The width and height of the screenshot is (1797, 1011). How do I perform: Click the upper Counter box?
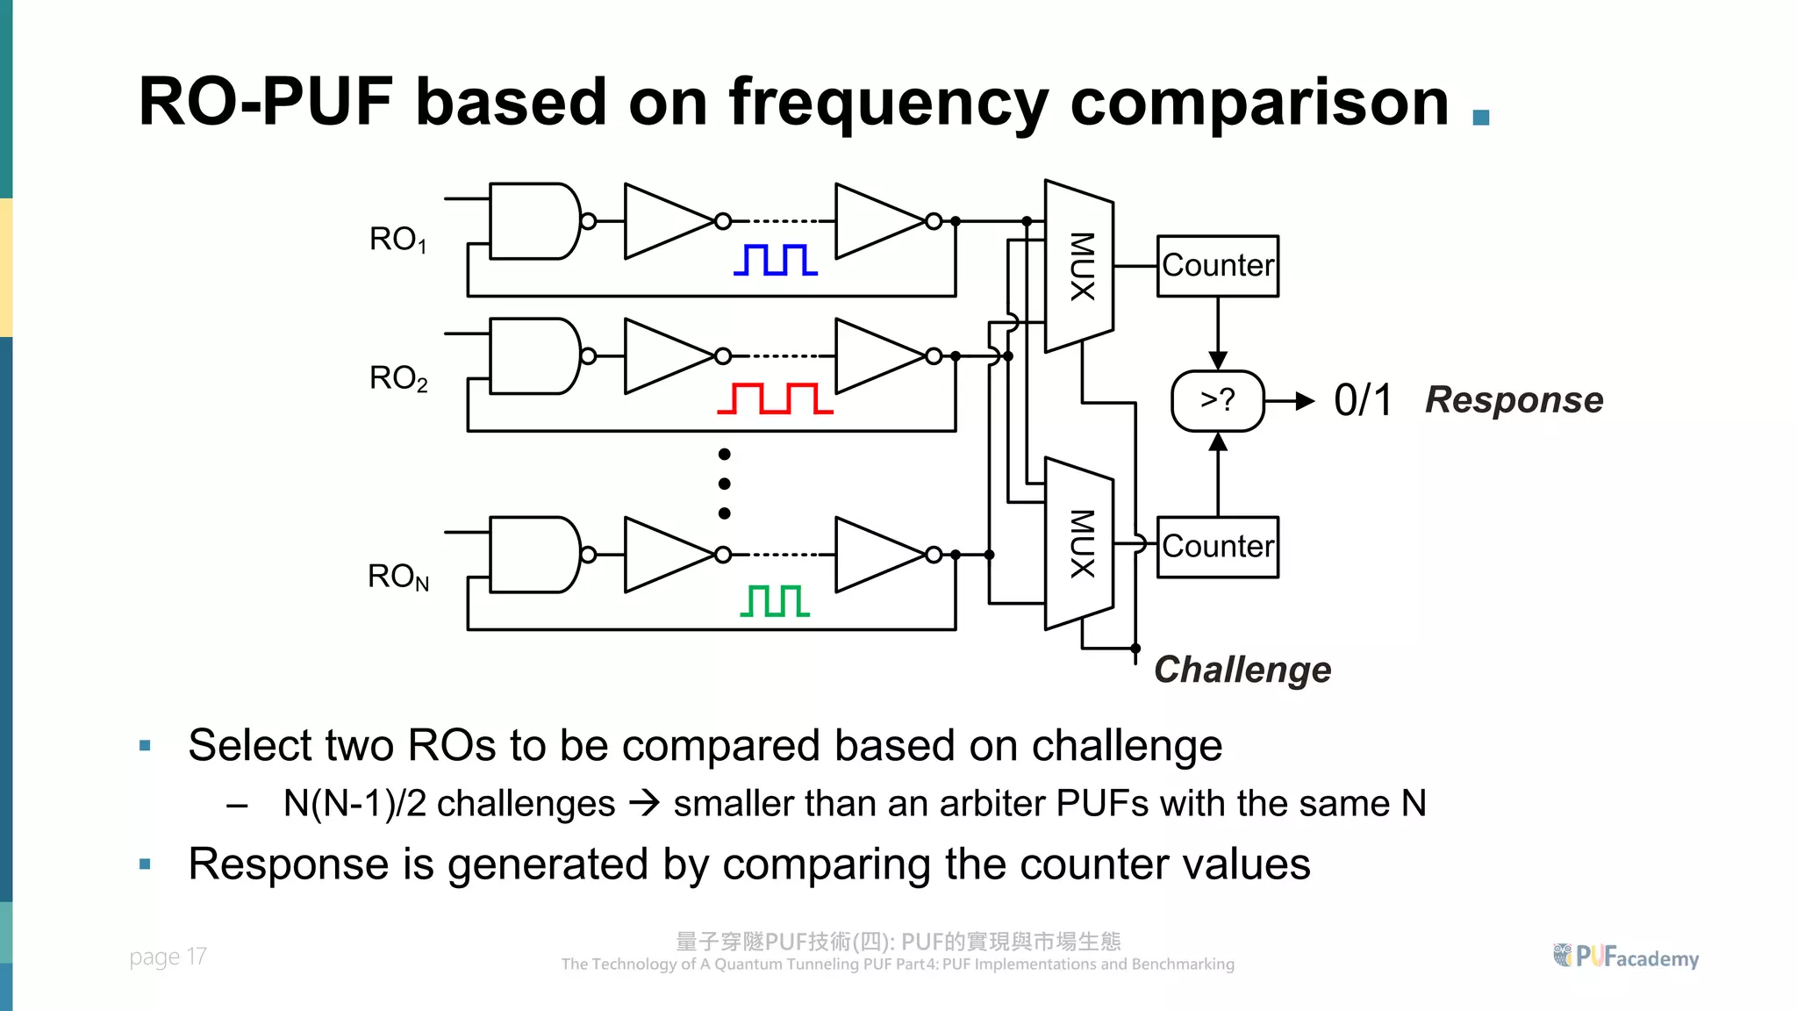(x=1217, y=266)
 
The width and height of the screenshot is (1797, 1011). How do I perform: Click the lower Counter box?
(x=1217, y=547)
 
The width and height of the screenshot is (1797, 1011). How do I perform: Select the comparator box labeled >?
(x=1217, y=401)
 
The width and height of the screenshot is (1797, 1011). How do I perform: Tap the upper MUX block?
(x=1079, y=266)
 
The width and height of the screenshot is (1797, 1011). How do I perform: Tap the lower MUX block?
(x=1079, y=544)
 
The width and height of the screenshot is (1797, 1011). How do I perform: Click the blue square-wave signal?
(x=776, y=260)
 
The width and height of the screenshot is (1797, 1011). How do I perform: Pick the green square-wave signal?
(x=775, y=601)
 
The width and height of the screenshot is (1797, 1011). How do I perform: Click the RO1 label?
(x=397, y=240)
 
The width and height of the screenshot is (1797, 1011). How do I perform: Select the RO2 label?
(x=397, y=378)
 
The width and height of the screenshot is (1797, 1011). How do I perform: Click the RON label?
(x=397, y=577)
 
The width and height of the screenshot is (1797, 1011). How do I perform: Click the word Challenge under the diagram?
(x=1242, y=670)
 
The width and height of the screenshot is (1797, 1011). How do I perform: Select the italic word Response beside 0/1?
(x=1514, y=400)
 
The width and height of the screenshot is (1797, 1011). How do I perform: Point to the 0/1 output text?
(x=1363, y=401)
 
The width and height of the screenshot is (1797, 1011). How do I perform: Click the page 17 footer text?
(x=168, y=957)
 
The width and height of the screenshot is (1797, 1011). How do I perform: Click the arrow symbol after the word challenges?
(x=645, y=803)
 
